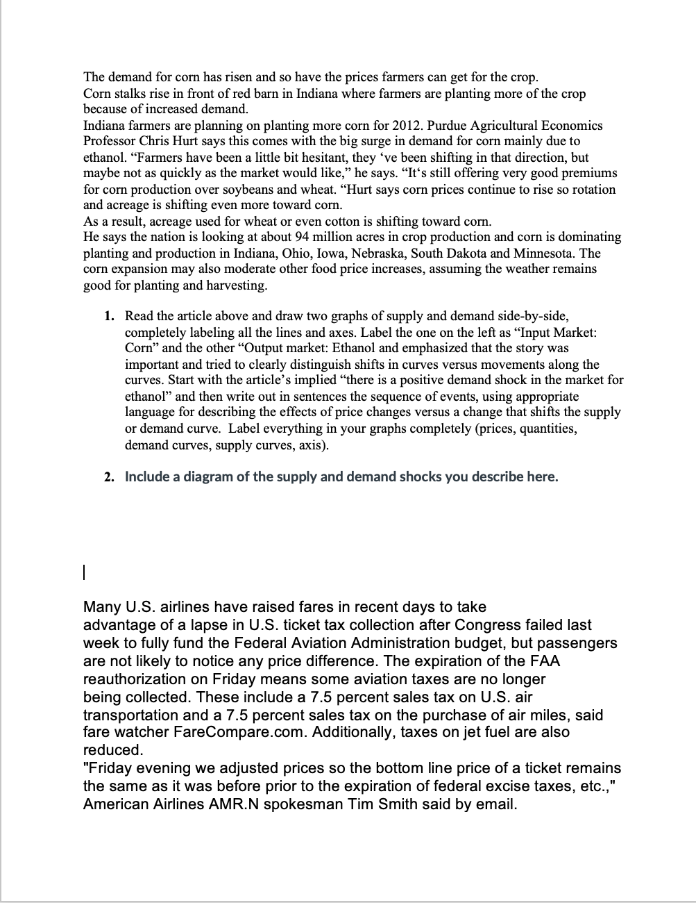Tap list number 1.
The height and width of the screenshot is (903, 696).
click(109, 316)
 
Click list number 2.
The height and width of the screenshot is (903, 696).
click(109, 477)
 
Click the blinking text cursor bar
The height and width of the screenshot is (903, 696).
click(83, 573)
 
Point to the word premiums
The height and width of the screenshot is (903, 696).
click(588, 173)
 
